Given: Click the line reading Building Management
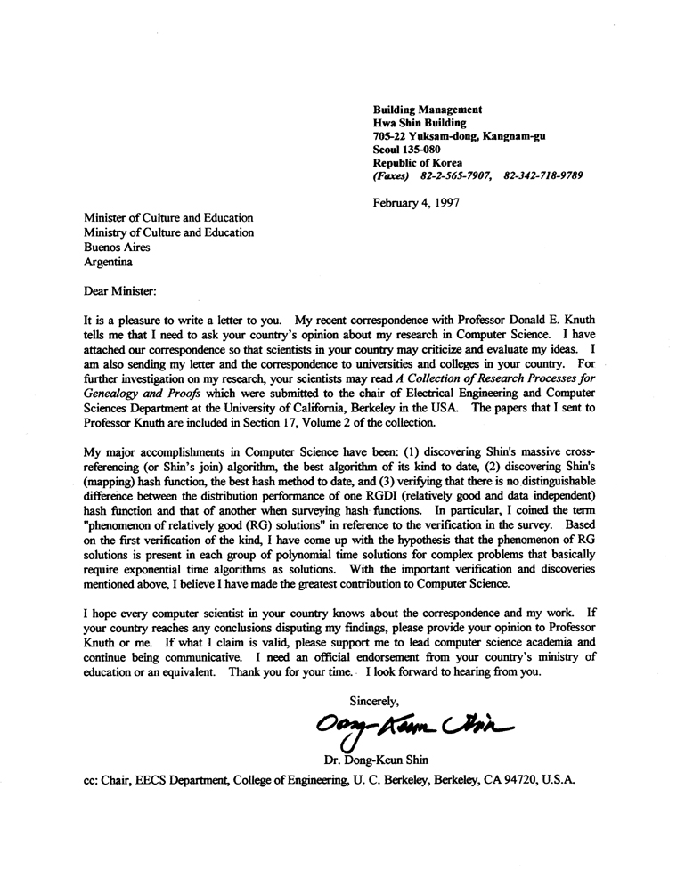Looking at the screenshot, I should [x=427, y=108].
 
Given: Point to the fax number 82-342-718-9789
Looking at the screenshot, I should [x=542, y=176].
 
